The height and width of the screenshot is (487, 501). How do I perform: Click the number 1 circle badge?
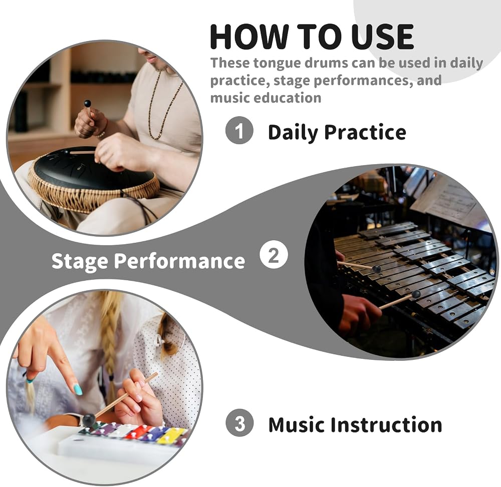(x=239, y=130)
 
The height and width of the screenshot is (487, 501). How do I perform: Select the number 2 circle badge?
(x=274, y=254)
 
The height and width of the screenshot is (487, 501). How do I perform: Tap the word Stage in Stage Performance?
(x=80, y=261)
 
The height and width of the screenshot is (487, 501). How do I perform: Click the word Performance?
(x=179, y=261)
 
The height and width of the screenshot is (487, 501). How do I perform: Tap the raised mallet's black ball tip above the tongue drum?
(x=87, y=104)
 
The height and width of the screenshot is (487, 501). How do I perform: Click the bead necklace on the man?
(x=162, y=105)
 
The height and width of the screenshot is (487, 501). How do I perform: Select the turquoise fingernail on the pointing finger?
(x=78, y=389)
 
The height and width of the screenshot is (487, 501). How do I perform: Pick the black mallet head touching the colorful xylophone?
(x=89, y=419)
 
